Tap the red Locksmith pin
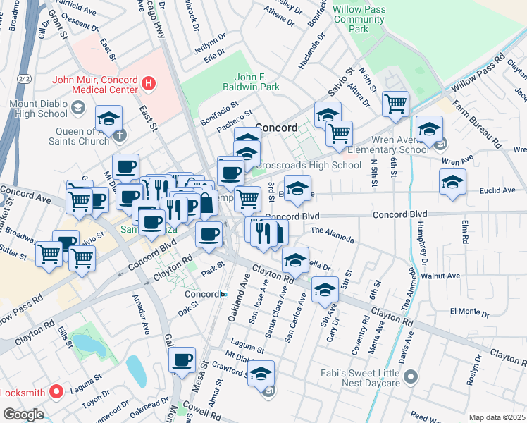point(56,391)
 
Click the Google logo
point(23,415)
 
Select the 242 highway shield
point(24,78)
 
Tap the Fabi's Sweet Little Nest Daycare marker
point(411,377)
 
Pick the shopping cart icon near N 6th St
point(395,104)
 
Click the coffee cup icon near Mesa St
point(182,360)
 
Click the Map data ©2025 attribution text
point(497,417)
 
